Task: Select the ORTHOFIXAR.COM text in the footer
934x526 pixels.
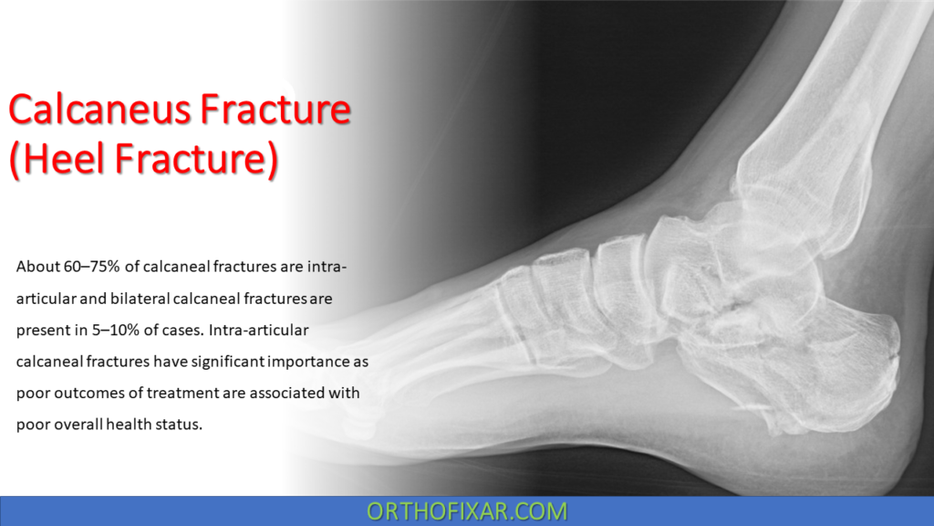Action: point(466,510)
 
